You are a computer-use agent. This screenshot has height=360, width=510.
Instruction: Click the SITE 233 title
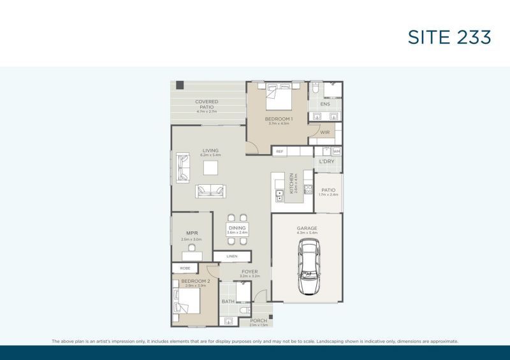pos(449,38)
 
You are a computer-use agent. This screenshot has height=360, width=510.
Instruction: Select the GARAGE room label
pos(307,228)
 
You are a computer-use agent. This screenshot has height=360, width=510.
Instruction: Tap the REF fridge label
pos(279,152)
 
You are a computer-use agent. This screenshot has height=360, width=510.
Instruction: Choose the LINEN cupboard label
pos(232,256)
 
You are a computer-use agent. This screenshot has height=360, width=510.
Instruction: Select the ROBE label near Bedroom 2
pos(185,268)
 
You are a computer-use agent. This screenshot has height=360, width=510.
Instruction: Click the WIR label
pos(324,133)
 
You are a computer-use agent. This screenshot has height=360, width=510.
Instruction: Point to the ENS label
pos(324,104)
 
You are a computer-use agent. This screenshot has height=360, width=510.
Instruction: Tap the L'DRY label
pos(327,162)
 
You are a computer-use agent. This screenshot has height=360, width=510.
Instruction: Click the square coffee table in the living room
pos(210,168)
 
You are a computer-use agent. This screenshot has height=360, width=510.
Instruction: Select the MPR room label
pos(190,233)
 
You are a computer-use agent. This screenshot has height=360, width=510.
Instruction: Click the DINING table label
pos(237,228)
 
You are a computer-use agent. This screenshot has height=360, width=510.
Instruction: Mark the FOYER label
pos(249,272)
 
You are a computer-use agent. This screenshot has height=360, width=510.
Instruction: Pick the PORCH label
pos(258,320)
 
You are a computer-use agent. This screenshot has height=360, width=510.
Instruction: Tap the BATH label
pos(228,301)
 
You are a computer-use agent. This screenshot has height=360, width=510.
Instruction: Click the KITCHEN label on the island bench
pos(291,183)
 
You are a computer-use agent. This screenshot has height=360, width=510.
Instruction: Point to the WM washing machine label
pos(336,152)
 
